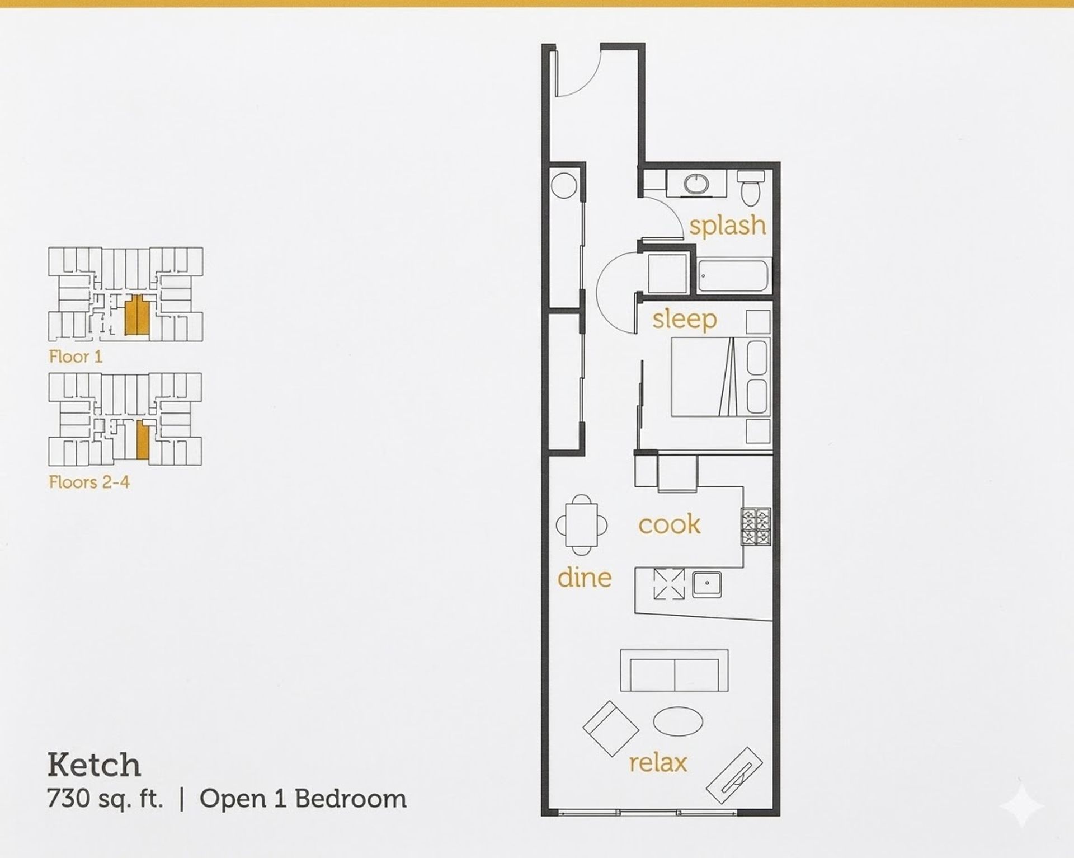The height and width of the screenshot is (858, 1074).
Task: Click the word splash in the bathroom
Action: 727,226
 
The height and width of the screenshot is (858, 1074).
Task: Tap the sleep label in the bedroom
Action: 684,320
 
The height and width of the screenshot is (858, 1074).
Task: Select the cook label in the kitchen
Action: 669,524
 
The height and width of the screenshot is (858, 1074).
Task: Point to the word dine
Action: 585,577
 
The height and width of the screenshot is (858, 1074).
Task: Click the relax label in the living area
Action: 658,762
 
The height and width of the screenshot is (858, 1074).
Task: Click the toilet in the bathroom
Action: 751,187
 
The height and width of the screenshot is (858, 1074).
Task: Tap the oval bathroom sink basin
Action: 696,184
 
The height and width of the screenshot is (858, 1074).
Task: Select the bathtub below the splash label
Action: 734,275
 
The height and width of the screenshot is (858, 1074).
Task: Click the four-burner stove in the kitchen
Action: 756,527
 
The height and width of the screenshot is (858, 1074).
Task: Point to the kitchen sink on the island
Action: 707,585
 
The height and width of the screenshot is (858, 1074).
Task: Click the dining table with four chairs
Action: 582,525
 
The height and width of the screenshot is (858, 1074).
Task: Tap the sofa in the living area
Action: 675,671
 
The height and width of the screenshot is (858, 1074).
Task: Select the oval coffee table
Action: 679,721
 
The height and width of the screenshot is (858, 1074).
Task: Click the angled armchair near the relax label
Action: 611,729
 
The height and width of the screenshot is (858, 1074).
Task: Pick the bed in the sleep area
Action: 720,377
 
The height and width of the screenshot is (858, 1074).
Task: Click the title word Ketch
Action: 94,765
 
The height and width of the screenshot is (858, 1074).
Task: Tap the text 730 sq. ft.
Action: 105,799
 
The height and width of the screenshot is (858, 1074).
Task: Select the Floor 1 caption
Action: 76,357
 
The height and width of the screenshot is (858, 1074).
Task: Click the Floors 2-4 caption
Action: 89,482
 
